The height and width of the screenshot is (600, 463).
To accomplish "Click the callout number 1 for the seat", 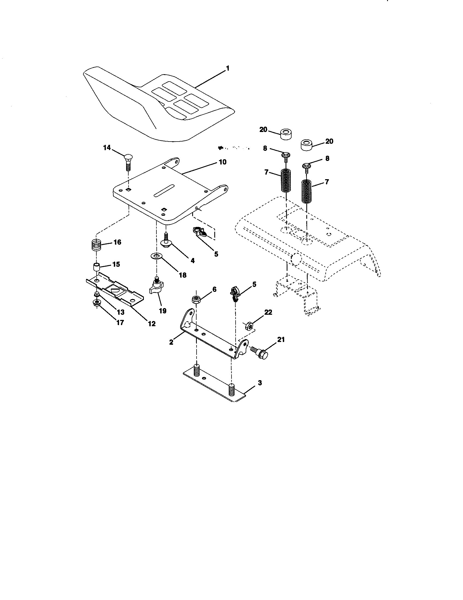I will tap(227, 68).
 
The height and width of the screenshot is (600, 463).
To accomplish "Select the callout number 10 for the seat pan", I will tap(222, 162).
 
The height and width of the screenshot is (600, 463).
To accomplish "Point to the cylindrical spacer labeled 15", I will tap(96, 267).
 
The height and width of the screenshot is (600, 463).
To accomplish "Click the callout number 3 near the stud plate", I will tap(260, 383).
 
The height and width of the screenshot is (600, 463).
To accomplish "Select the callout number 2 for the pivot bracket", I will tap(171, 342).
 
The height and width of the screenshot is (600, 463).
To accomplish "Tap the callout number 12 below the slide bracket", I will tap(152, 324).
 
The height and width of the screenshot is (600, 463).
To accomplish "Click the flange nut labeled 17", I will tap(97, 303).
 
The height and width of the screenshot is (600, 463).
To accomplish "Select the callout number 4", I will tap(192, 260).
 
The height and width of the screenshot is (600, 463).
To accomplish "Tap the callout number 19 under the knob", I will tap(162, 311).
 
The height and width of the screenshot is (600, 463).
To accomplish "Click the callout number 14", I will tap(107, 148).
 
